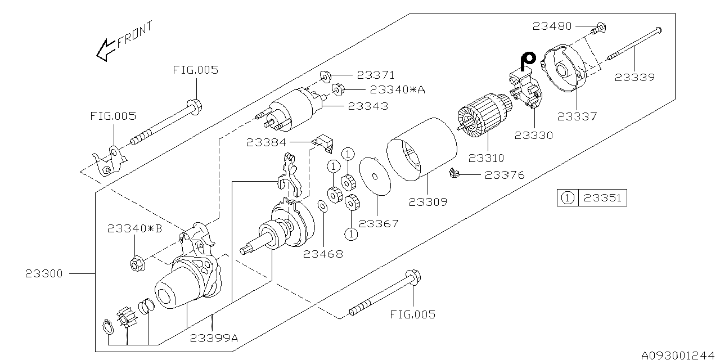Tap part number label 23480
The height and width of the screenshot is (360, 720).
point(552,26)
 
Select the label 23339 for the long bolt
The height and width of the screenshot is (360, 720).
point(634,78)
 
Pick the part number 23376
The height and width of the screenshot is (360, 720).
point(505,175)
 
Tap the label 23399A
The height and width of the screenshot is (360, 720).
point(214,338)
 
